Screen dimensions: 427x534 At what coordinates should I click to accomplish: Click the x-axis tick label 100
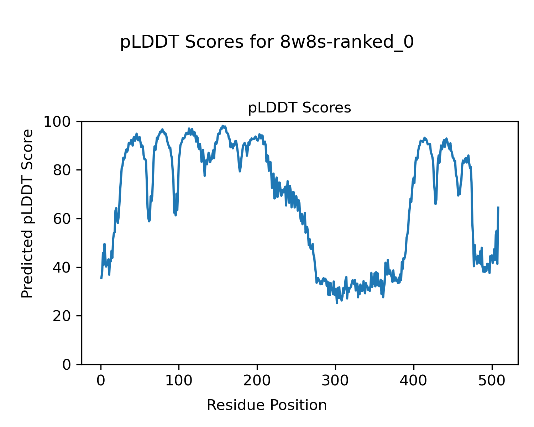pyautogui.click(x=179, y=381)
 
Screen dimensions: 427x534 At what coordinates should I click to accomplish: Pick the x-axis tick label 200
pyautogui.click(x=257, y=381)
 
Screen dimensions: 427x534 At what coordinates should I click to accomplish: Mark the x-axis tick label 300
pyautogui.click(x=335, y=381)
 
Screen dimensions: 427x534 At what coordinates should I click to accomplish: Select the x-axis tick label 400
pyautogui.click(x=414, y=381)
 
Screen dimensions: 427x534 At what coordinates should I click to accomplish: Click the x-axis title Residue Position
pyautogui.click(x=267, y=405)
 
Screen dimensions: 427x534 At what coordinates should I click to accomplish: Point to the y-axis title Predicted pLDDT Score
pyautogui.click(x=27, y=213)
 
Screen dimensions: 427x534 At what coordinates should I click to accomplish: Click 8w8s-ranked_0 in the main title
pyautogui.click(x=347, y=42)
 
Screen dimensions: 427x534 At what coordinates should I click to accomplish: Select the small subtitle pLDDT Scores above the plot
pyautogui.click(x=299, y=108)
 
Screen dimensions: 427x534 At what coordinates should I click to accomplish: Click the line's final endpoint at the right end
pyautogui.click(x=498, y=207)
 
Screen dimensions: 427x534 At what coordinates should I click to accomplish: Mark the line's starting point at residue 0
pyautogui.click(x=101, y=278)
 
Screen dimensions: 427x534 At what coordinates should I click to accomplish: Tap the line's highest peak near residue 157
pyautogui.click(x=223, y=126)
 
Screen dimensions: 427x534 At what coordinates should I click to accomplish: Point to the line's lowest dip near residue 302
pyautogui.click(x=337, y=303)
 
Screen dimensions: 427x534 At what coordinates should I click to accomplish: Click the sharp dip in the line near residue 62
pyautogui.click(x=149, y=221)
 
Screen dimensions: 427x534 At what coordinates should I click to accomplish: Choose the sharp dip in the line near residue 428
pyautogui.click(x=435, y=204)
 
